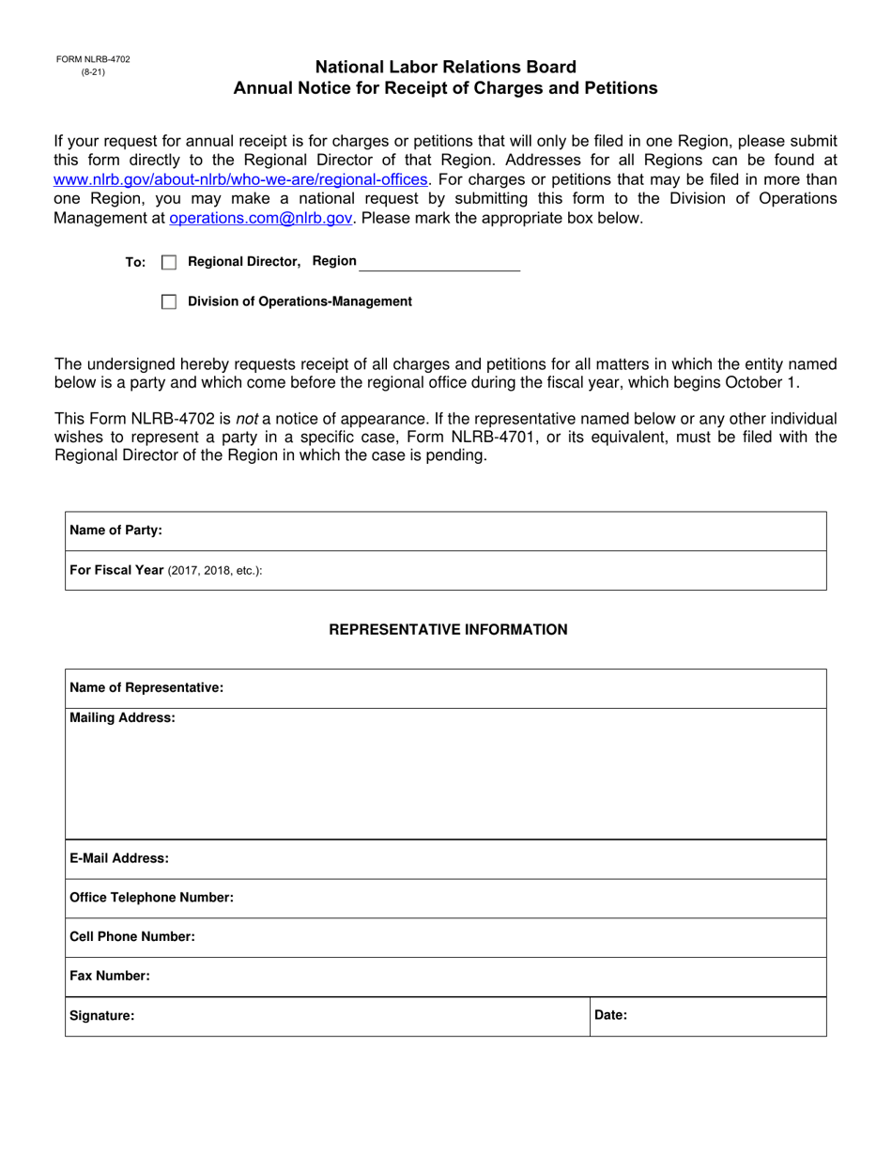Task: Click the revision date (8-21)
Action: tap(92, 71)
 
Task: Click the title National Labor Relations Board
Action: tap(445, 68)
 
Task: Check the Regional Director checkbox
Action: tap(169, 263)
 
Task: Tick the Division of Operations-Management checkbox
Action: tap(169, 301)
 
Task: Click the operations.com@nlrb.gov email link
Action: tap(261, 218)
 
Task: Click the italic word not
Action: tap(246, 419)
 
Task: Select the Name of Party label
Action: tap(115, 531)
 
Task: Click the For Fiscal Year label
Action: tap(117, 570)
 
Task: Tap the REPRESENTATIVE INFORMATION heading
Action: tap(448, 629)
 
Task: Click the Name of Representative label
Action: tap(146, 688)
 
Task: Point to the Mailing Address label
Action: tap(122, 718)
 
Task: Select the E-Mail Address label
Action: tap(119, 858)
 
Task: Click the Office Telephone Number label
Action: tap(151, 898)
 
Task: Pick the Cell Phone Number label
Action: tap(132, 937)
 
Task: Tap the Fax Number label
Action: tap(110, 977)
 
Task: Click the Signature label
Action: tap(102, 1015)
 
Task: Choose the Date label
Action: tap(610, 1015)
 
